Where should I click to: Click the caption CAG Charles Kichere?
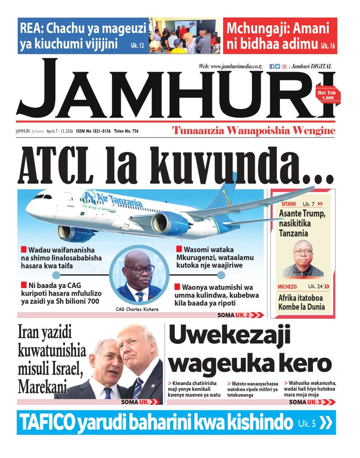[137, 309]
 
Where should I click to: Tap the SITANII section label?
[288, 204]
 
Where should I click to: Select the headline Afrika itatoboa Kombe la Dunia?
[301, 302]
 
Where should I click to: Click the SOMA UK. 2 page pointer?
[240, 315]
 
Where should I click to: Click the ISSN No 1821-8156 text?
[93, 131]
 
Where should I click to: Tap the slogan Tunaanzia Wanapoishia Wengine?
[254, 131]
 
